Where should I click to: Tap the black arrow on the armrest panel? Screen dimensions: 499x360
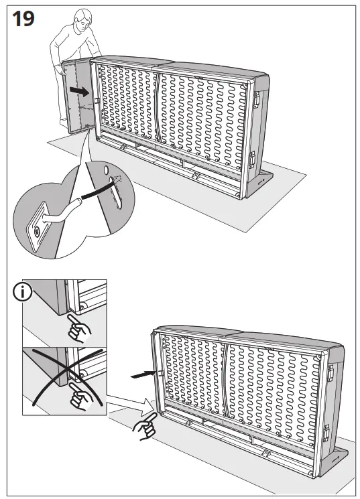[x=80, y=90]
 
